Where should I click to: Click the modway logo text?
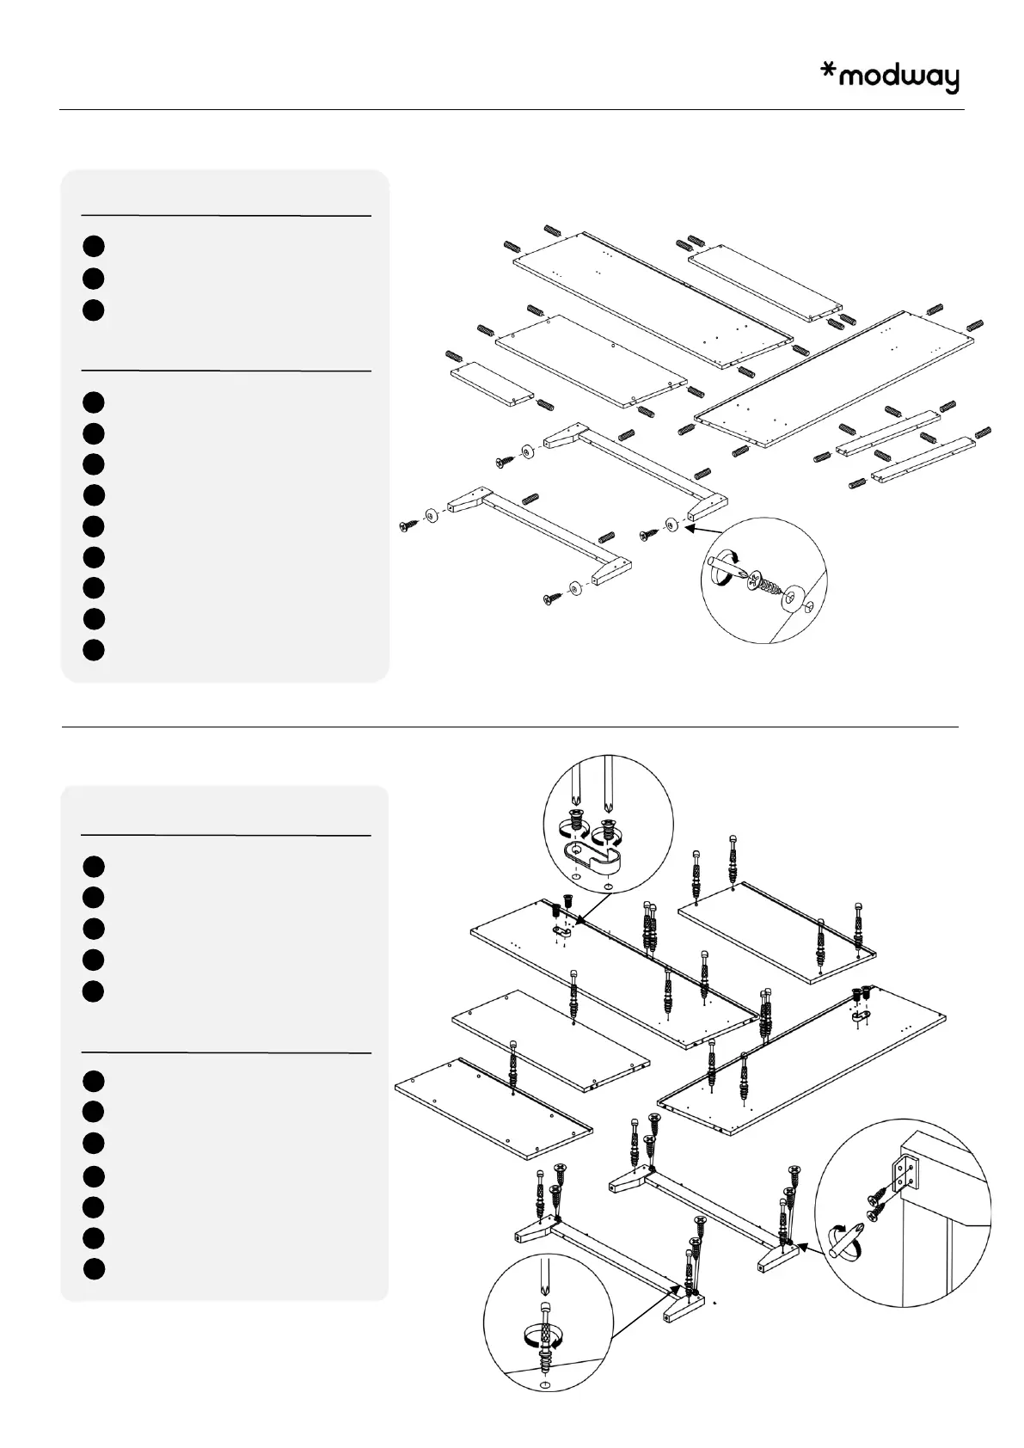[898, 78]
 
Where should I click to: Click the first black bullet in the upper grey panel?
[95, 246]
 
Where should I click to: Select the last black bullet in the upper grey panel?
[95, 649]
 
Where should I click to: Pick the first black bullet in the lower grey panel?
[95, 866]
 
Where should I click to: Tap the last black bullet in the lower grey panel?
[95, 1268]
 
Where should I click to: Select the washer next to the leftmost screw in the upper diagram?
[431, 518]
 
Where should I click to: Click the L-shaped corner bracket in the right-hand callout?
[906, 1174]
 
